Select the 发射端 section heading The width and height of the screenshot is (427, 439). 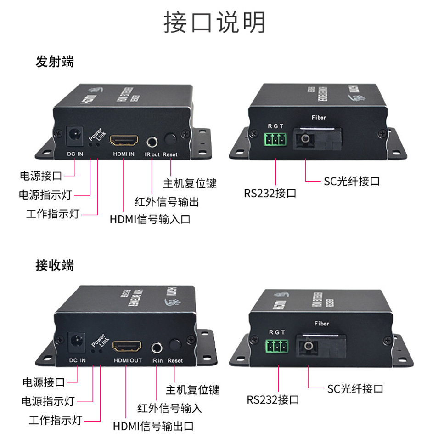[55, 62]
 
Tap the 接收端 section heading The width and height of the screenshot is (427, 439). [55, 266]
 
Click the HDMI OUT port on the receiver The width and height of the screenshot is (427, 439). [127, 346]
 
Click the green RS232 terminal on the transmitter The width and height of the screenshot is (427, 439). [275, 140]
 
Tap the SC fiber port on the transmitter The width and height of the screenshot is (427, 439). [306, 138]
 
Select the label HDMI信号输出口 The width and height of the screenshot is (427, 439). [153, 426]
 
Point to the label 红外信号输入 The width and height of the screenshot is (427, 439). [169, 408]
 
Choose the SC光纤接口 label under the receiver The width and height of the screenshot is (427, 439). [355, 389]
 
